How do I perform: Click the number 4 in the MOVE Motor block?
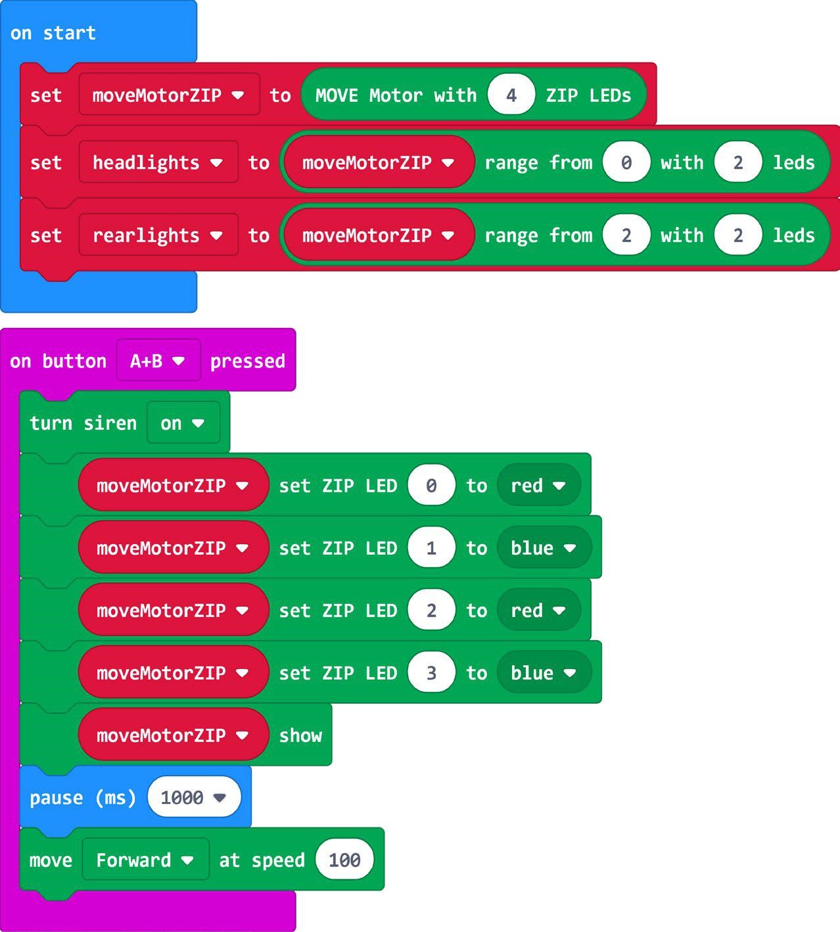(511, 95)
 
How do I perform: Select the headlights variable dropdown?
(158, 162)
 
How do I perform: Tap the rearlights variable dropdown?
(158, 235)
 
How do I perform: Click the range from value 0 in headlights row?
(626, 162)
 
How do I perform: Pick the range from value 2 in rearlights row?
(626, 235)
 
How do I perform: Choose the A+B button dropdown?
(158, 361)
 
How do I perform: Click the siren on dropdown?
(183, 423)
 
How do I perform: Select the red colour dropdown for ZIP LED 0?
(538, 486)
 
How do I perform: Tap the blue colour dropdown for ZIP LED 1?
(544, 548)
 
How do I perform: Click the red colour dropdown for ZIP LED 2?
(538, 611)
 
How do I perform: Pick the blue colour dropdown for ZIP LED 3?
(544, 673)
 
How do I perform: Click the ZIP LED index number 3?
(431, 673)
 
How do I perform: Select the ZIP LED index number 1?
(431, 548)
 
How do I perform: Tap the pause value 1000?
(193, 798)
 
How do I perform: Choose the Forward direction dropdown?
(145, 860)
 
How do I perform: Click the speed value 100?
(344, 860)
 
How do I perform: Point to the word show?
(300, 735)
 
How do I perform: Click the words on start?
(53, 33)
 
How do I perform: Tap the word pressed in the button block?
(247, 361)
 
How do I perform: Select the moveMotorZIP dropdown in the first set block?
(169, 95)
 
